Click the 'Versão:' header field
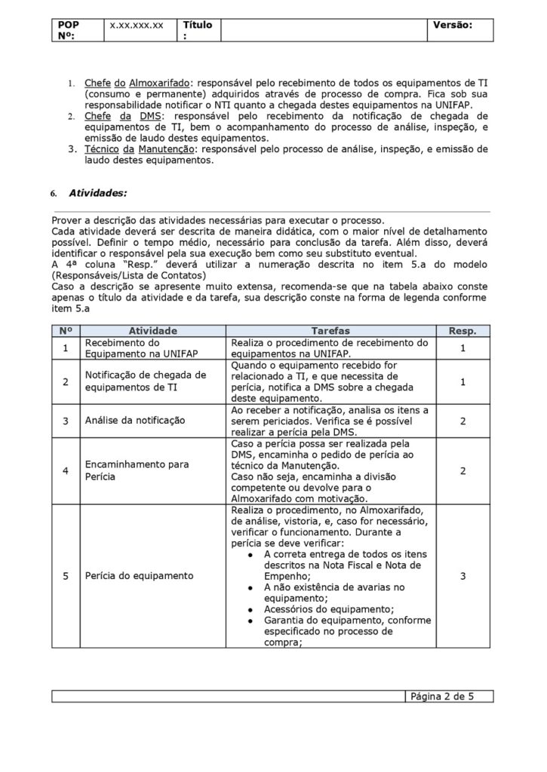[x=452, y=25]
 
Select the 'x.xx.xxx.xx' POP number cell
[x=137, y=25]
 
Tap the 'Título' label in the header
[x=198, y=29]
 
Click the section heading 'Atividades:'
[x=98, y=193]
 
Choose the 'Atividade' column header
[x=153, y=331]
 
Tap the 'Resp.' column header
[x=462, y=331]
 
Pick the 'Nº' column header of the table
[x=65, y=331]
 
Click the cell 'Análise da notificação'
[x=135, y=420]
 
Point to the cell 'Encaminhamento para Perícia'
[x=137, y=470]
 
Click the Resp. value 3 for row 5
[x=462, y=575]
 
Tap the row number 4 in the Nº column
[x=66, y=470]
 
